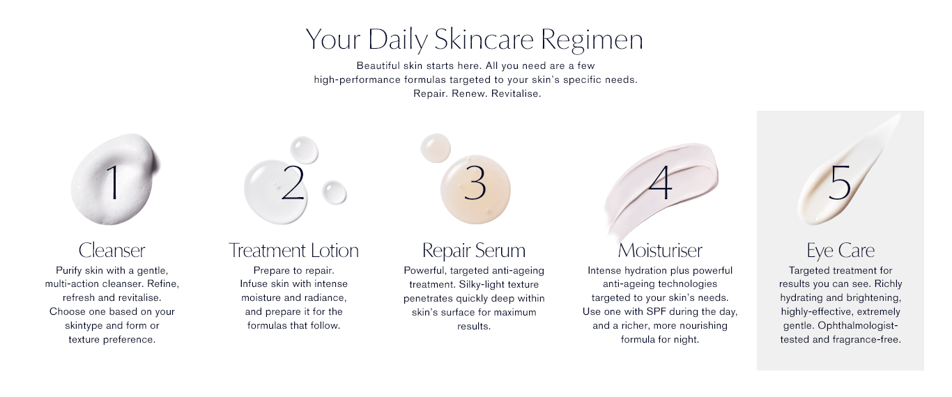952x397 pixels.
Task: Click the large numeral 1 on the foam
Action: (x=113, y=182)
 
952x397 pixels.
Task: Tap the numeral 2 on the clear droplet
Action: (x=293, y=182)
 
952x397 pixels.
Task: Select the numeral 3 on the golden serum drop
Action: (x=475, y=182)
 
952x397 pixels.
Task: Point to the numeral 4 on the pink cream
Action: (x=661, y=182)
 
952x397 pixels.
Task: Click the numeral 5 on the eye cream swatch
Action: (x=840, y=182)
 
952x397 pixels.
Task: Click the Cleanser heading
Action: (x=112, y=250)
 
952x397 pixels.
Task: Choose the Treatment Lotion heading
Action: (x=293, y=250)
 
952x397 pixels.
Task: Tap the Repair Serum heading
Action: (x=474, y=251)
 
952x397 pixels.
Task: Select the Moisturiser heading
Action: (x=660, y=250)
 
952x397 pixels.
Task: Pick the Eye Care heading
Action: (x=840, y=251)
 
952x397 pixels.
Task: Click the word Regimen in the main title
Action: (x=592, y=40)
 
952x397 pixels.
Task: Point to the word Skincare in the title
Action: (x=484, y=39)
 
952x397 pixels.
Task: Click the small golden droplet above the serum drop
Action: (x=435, y=148)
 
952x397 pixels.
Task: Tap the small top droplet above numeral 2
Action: (x=304, y=150)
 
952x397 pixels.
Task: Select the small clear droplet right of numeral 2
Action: (x=334, y=192)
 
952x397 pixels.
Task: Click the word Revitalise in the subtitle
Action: (x=516, y=93)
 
